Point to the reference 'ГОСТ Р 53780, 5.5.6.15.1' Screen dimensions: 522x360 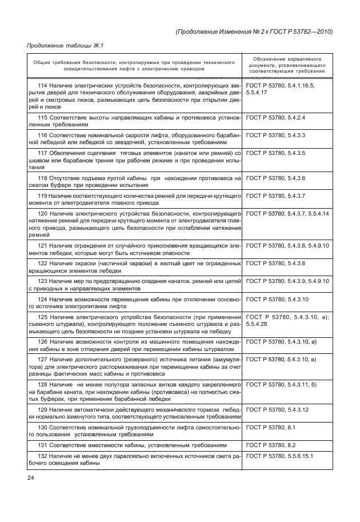pos(279,456)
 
